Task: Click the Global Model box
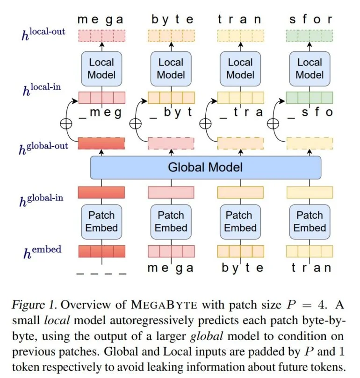pyautogui.click(x=205, y=167)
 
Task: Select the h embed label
pyautogui.click(x=42, y=252)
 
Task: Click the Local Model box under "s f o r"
pyautogui.click(x=310, y=69)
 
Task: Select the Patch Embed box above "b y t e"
pyautogui.click(x=240, y=221)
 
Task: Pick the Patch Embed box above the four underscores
pyautogui.click(x=101, y=221)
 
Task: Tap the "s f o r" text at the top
pyautogui.click(x=310, y=20)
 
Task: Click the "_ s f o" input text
pyautogui.click(x=310, y=112)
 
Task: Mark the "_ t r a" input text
pyautogui.click(x=240, y=112)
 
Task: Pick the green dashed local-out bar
pyautogui.click(x=310, y=36)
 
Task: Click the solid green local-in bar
pyautogui.click(x=310, y=97)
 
